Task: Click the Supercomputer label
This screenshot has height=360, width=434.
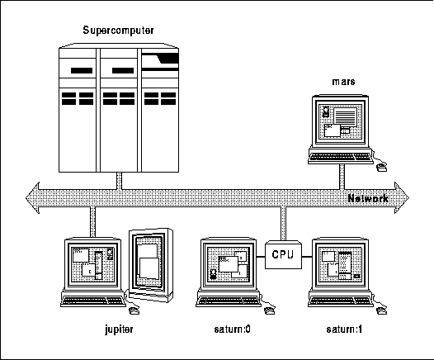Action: (118, 31)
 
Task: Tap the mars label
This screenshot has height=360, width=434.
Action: (343, 82)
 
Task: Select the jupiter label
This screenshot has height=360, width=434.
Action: (119, 329)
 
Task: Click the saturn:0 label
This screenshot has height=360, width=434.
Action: (232, 329)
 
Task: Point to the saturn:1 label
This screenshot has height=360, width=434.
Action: (344, 329)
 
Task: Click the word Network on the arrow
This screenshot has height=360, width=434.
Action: (368, 198)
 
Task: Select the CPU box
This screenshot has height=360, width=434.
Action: (283, 255)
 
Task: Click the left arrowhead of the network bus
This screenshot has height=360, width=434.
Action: (32, 197)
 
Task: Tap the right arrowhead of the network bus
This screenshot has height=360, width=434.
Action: (402, 197)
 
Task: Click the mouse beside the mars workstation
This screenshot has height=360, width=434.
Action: (382, 168)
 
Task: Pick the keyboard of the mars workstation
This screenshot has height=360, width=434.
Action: (341, 157)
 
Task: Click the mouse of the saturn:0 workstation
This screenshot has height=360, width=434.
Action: (270, 310)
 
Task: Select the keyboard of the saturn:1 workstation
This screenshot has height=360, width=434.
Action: (341, 301)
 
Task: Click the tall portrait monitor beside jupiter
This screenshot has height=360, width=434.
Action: (151, 265)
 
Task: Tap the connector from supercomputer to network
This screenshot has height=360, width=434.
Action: (120, 181)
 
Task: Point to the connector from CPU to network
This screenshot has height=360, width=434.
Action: (283, 223)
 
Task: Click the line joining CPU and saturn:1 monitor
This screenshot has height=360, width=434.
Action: (307, 257)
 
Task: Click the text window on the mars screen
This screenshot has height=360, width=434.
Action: (345, 116)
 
